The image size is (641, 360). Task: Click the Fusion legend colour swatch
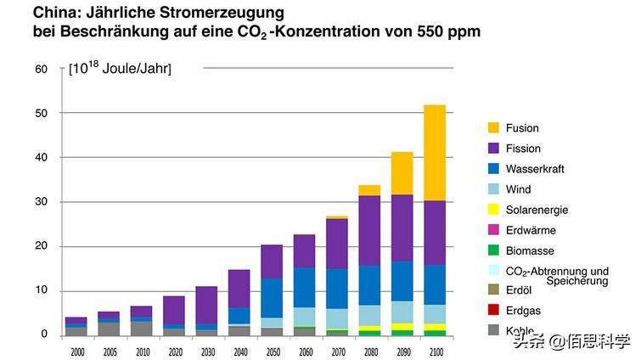(x=493, y=128)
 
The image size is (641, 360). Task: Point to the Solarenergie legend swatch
(x=493, y=210)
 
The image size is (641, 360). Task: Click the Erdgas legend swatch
(x=493, y=312)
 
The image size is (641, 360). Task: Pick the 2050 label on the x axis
(x=271, y=350)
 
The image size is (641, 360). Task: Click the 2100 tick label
(x=436, y=350)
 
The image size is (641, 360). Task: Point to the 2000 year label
(x=76, y=350)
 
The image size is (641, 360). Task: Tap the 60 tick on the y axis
(x=41, y=69)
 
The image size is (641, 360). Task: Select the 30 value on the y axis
(x=41, y=202)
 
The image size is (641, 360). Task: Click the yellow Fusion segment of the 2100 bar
(x=436, y=153)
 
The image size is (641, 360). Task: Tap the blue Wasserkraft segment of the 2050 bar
(x=271, y=298)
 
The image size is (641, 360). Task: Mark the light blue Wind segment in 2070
(x=336, y=318)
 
